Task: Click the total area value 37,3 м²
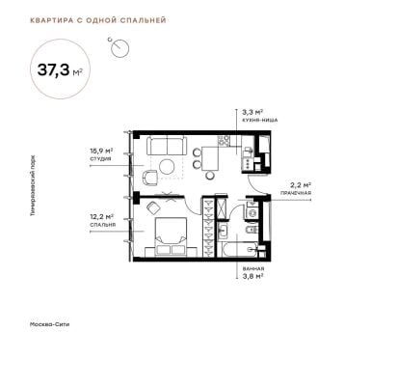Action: click(x=60, y=69)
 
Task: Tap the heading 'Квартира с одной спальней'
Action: click(x=98, y=20)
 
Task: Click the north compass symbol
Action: click(x=119, y=47)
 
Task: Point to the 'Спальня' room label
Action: click(x=103, y=225)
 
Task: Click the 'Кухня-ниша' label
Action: click(x=260, y=120)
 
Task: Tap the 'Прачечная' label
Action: click(x=296, y=193)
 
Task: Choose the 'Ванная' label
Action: click(x=253, y=268)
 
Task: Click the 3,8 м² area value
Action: click(x=253, y=275)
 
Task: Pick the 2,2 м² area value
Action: click(x=301, y=185)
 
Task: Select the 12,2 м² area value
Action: click(x=102, y=217)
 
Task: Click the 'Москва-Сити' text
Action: click(x=49, y=324)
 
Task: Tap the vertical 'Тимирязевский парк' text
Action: click(x=33, y=185)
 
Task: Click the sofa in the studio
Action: click(x=167, y=146)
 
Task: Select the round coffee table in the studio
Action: click(x=167, y=167)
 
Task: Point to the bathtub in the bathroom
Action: click(x=240, y=250)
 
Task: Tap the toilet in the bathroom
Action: click(x=251, y=230)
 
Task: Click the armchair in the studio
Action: click(x=150, y=178)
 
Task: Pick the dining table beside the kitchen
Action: click(x=210, y=159)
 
